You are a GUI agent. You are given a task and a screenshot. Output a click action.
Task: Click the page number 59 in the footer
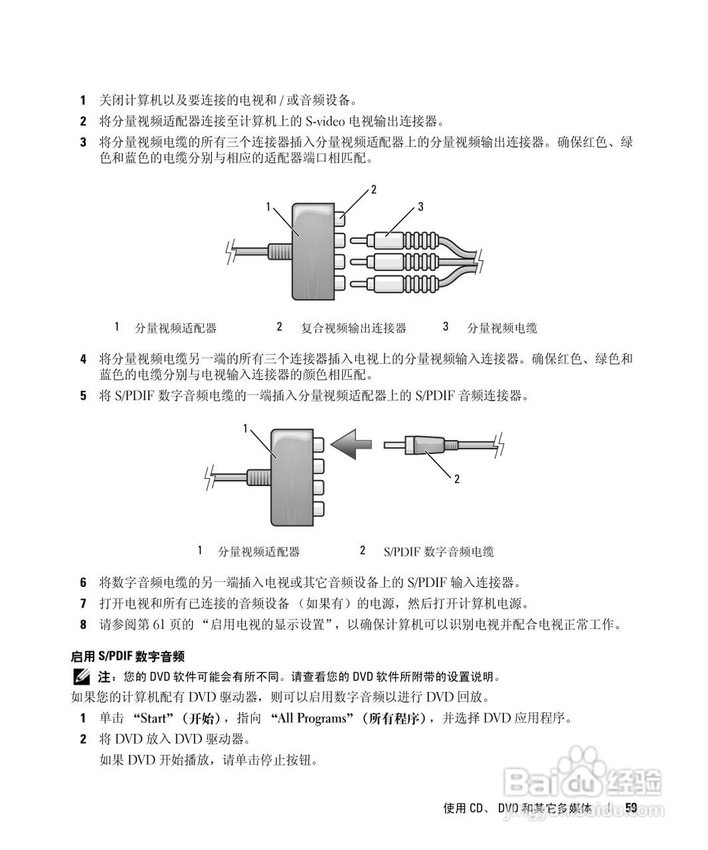631,807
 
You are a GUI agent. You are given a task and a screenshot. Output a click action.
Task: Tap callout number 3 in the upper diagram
420,207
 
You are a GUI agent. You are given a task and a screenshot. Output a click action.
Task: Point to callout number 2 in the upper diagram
373,189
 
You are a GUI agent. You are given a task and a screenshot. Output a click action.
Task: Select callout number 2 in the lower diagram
457,478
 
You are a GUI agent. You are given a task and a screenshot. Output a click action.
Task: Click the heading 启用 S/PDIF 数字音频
128,657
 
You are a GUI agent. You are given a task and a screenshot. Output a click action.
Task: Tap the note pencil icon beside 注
82,677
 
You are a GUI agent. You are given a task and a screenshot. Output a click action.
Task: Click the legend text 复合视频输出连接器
353,328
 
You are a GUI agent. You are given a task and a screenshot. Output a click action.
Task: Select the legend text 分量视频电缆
502,328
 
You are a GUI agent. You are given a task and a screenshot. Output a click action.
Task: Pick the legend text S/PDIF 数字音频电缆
438,552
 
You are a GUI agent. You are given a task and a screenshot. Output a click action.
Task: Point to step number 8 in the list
84,625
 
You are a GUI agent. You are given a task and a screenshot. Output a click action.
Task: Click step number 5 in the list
84,396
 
